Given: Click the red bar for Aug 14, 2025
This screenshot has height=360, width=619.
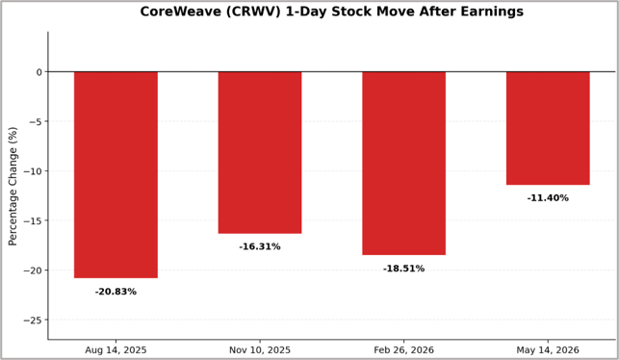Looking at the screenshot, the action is pyautogui.click(x=116, y=175).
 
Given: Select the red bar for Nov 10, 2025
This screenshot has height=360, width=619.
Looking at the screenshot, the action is pyautogui.click(x=260, y=153).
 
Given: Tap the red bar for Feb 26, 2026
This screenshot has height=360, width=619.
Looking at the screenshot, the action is pyautogui.click(x=404, y=164).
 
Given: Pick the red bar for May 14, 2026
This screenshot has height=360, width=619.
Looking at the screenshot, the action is pyautogui.click(x=548, y=128).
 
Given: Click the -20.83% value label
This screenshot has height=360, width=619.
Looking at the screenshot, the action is pyautogui.click(x=116, y=292).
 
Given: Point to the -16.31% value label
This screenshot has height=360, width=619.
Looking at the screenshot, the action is pyautogui.click(x=260, y=246).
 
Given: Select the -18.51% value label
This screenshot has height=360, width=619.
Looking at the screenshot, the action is pyautogui.click(x=404, y=269).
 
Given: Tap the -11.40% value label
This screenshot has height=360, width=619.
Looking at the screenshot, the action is pyautogui.click(x=548, y=197).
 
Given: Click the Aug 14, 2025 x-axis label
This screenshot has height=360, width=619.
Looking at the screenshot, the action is pyautogui.click(x=116, y=350).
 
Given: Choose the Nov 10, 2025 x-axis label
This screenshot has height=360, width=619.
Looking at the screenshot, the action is pyautogui.click(x=260, y=350).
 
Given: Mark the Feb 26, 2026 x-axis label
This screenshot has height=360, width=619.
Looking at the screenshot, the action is pyautogui.click(x=404, y=350).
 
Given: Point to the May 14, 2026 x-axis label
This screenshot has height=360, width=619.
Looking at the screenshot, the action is pyautogui.click(x=548, y=350).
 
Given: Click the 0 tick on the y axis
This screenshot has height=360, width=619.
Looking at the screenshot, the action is pyautogui.click(x=39, y=72).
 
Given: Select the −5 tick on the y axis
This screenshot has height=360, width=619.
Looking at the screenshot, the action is pyautogui.click(x=36, y=121).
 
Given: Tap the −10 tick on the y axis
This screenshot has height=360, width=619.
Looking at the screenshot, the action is pyautogui.click(x=33, y=171).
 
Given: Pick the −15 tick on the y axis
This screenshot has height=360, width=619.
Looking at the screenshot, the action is pyautogui.click(x=33, y=220).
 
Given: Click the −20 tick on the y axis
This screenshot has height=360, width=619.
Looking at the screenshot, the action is pyautogui.click(x=33, y=270).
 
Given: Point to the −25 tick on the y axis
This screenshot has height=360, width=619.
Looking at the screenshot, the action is pyautogui.click(x=33, y=321).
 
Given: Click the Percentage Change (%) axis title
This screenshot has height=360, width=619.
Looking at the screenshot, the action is pyautogui.click(x=13, y=186).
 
